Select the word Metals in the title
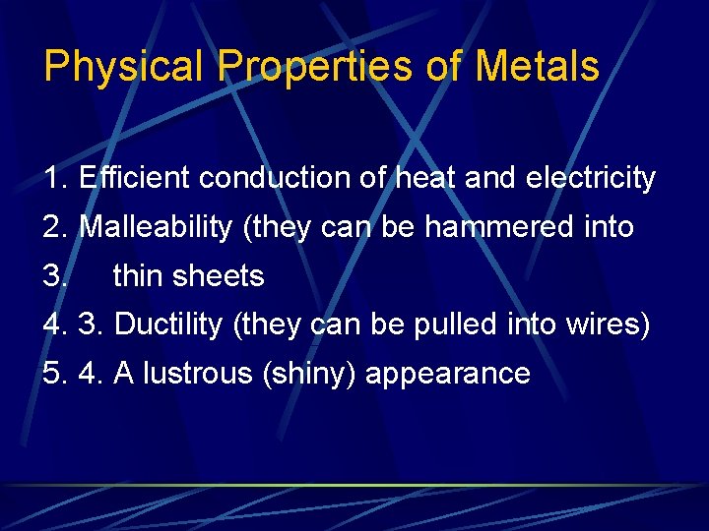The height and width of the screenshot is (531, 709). tap(538, 67)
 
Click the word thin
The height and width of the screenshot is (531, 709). tap(138, 276)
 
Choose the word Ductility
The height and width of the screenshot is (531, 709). tap(168, 325)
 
